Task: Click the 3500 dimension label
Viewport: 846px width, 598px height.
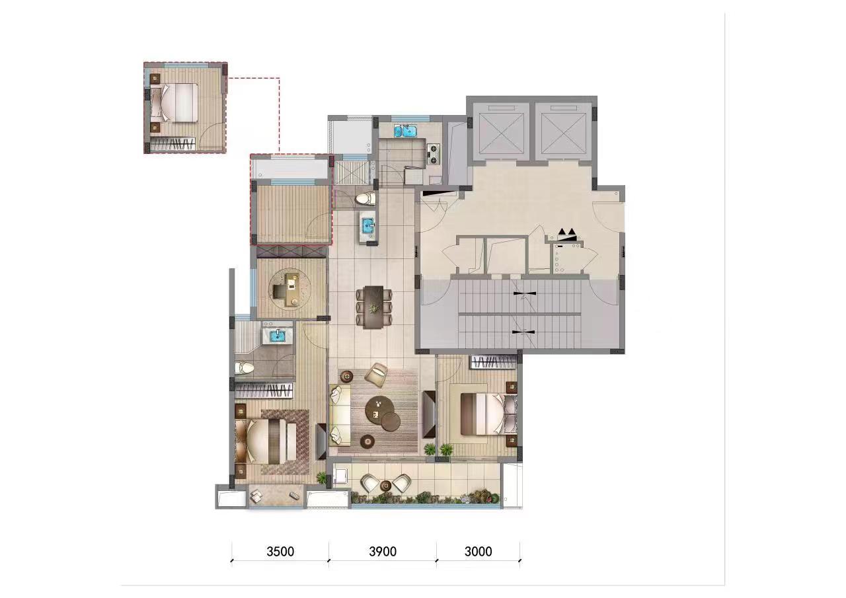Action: [280, 552]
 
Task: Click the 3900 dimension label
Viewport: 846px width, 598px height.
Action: [383, 552]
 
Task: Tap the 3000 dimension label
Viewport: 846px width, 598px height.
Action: [478, 552]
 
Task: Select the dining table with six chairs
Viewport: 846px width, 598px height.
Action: [374, 307]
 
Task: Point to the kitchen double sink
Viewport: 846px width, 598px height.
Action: [405, 131]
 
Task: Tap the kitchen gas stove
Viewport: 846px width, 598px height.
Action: [434, 154]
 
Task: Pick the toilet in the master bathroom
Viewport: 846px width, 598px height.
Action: [245, 367]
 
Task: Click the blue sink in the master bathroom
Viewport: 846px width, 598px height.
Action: [278, 335]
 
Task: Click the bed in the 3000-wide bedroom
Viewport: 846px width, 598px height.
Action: [488, 414]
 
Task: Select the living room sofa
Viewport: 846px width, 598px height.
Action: [340, 414]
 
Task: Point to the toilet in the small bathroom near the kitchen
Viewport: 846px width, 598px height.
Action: [365, 199]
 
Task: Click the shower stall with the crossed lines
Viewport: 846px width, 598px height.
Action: [352, 172]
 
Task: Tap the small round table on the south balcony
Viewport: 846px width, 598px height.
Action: [385, 485]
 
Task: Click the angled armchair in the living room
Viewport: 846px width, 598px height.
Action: [376, 374]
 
